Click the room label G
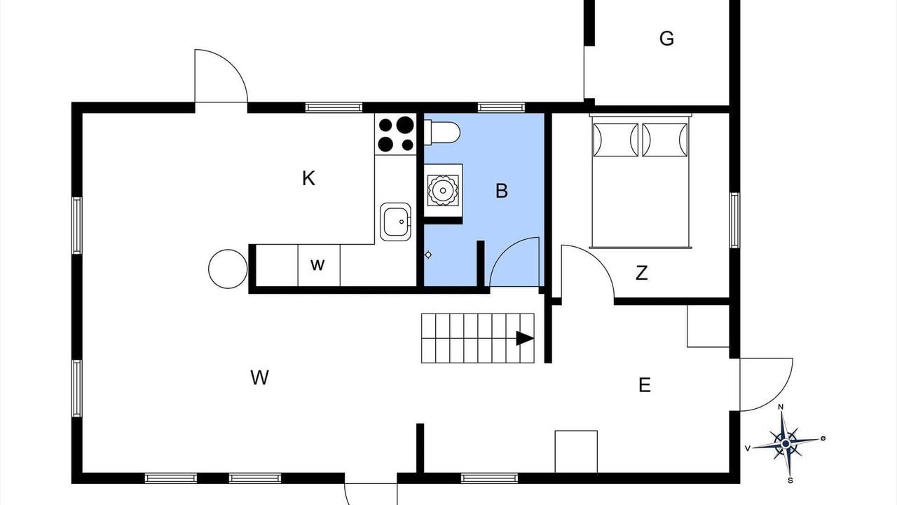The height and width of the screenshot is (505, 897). [x=666, y=39]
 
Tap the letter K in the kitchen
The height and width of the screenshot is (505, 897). [x=308, y=178]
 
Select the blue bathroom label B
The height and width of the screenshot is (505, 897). [x=501, y=191]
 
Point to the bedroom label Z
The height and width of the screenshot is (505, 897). [x=641, y=273]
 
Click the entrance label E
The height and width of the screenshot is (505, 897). [x=644, y=385]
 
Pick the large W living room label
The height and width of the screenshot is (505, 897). [x=259, y=377]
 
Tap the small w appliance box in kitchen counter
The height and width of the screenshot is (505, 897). [x=319, y=265]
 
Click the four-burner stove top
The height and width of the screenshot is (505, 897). [x=396, y=134]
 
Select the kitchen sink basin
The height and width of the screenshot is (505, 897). [x=395, y=222]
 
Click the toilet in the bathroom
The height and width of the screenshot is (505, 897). [x=442, y=133]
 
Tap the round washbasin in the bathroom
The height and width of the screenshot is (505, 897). [x=443, y=190]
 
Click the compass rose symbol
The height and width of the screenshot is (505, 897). [x=786, y=444]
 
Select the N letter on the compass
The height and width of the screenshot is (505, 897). [x=781, y=408]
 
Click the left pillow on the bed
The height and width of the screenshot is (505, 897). [x=615, y=140]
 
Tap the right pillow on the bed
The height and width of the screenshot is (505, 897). [x=665, y=140]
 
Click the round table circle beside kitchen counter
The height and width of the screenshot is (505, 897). [x=228, y=269]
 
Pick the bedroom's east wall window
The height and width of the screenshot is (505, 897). [x=734, y=220]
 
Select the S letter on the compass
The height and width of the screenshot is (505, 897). [x=790, y=480]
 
